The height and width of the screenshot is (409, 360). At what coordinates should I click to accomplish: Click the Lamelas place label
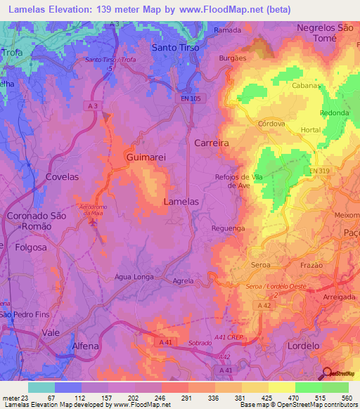pyautogui.click(x=181, y=201)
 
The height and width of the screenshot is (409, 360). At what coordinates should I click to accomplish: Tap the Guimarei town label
pyautogui.click(x=146, y=158)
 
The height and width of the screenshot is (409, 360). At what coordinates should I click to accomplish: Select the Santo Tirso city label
pyautogui.click(x=176, y=48)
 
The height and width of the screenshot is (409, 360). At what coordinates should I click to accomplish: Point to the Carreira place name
pyautogui.click(x=212, y=143)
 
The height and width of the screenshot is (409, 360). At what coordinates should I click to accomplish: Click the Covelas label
pyautogui.click(x=62, y=177)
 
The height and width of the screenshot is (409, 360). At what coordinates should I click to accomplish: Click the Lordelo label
pyautogui.click(x=304, y=346)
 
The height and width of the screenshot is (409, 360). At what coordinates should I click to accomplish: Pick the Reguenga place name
pyautogui.click(x=228, y=228)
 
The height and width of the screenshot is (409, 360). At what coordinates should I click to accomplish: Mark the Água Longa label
pyautogui.click(x=134, y=277)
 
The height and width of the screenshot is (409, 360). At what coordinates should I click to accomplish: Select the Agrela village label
pyautogui.click(x=183, y=280)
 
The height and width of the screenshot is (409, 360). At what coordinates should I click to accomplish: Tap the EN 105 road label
pyautogui.click(x=190, y=99)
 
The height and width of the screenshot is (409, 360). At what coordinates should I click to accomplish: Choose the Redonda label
pyautogui.click(x=334, y=113)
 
